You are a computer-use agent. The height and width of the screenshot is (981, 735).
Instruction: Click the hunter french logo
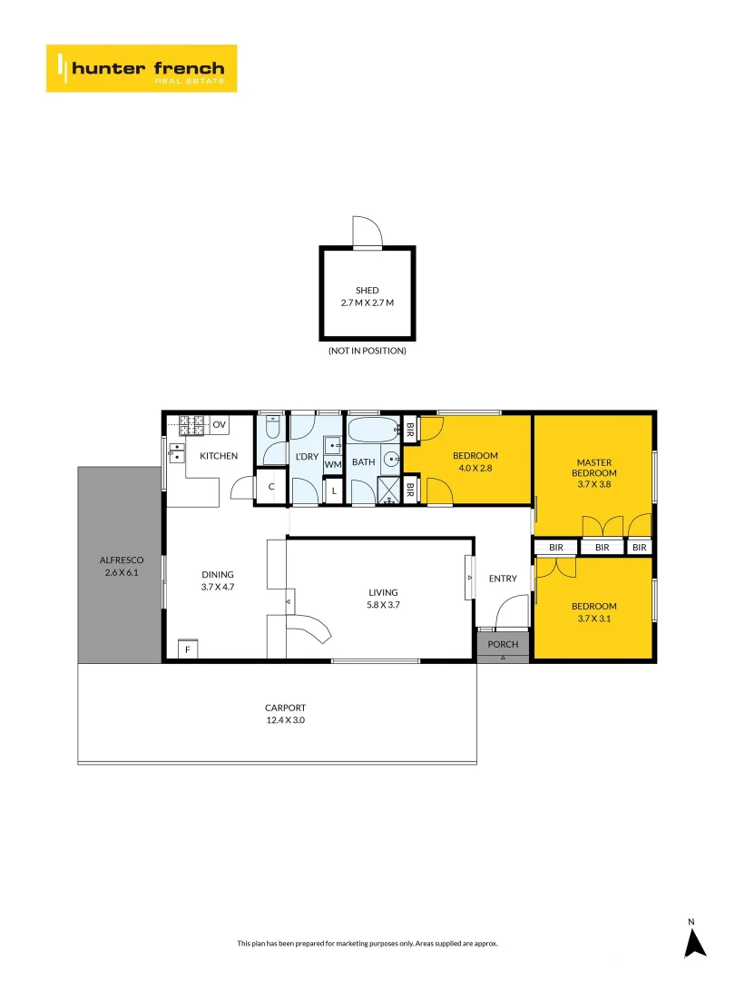pyautogui.click(x=142, y=68)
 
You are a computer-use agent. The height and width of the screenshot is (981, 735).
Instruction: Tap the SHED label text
pyautogui.click(x=367, y=291)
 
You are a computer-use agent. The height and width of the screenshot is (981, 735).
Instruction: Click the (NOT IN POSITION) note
pyautogui.click(x=367, y=351)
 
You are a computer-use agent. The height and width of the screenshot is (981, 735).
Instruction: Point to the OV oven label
pyautogui.click(x=220, y=424)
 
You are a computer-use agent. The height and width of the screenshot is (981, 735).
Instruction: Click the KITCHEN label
pyautogui.click(x=219, y=456)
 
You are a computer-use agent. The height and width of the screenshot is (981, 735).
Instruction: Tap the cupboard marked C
pyautogui.click(x=271, y=488)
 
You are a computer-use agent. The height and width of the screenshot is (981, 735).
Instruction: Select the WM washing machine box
pyautogui.click(x=333, y=465)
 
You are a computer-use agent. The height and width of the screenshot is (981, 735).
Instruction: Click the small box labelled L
pyautogui.click(x=334, y=491)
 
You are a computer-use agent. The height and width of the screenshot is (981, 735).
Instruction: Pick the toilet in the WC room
pyautogui.click(x=273, y=429)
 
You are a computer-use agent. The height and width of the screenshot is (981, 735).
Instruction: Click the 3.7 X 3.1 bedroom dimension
pyautogui.click(x=593, y=619)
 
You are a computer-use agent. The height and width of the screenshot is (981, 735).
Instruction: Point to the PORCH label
pyautogui.click(x=503, y=644)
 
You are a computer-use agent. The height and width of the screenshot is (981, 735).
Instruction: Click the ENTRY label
pyautogui.click(x=502, y=579)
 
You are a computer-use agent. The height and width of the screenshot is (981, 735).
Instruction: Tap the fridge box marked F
pyautogui.click(x=189, y=649)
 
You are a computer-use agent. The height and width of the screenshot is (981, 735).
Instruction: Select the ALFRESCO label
pyautogui.click(x=121, y=560)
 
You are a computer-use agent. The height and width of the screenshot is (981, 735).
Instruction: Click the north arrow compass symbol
pyautogui.click(x=694, y=942)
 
